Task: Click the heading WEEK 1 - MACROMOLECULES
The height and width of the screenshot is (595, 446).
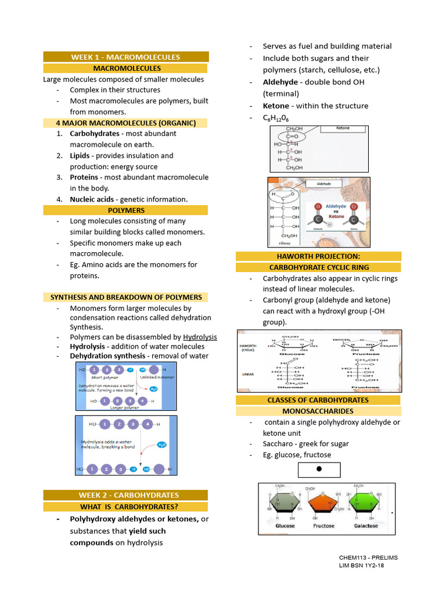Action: click(125, 57)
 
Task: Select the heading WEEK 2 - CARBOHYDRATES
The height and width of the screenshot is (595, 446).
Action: click(125, 495)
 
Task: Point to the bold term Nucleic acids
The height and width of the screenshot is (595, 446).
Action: click(92, 199)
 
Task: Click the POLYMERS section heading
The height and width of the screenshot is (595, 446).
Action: click(126, 210)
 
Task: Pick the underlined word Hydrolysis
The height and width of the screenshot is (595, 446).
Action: click(200, 337)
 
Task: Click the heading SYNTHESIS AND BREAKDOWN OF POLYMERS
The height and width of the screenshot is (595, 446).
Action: click(126, 297)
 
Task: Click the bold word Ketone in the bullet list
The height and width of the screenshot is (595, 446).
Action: click(276, 106)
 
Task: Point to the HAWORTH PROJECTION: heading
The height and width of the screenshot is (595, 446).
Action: click(318, 256)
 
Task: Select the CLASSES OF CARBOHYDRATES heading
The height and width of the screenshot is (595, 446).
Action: click(318, 400)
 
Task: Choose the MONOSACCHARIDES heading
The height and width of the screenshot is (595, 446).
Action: click(318, 411)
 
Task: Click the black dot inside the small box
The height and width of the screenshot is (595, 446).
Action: click(319, 469)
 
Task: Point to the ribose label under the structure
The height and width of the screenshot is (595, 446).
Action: click(285, 243)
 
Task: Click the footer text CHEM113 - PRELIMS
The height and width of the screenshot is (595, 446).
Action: click(369, 558)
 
